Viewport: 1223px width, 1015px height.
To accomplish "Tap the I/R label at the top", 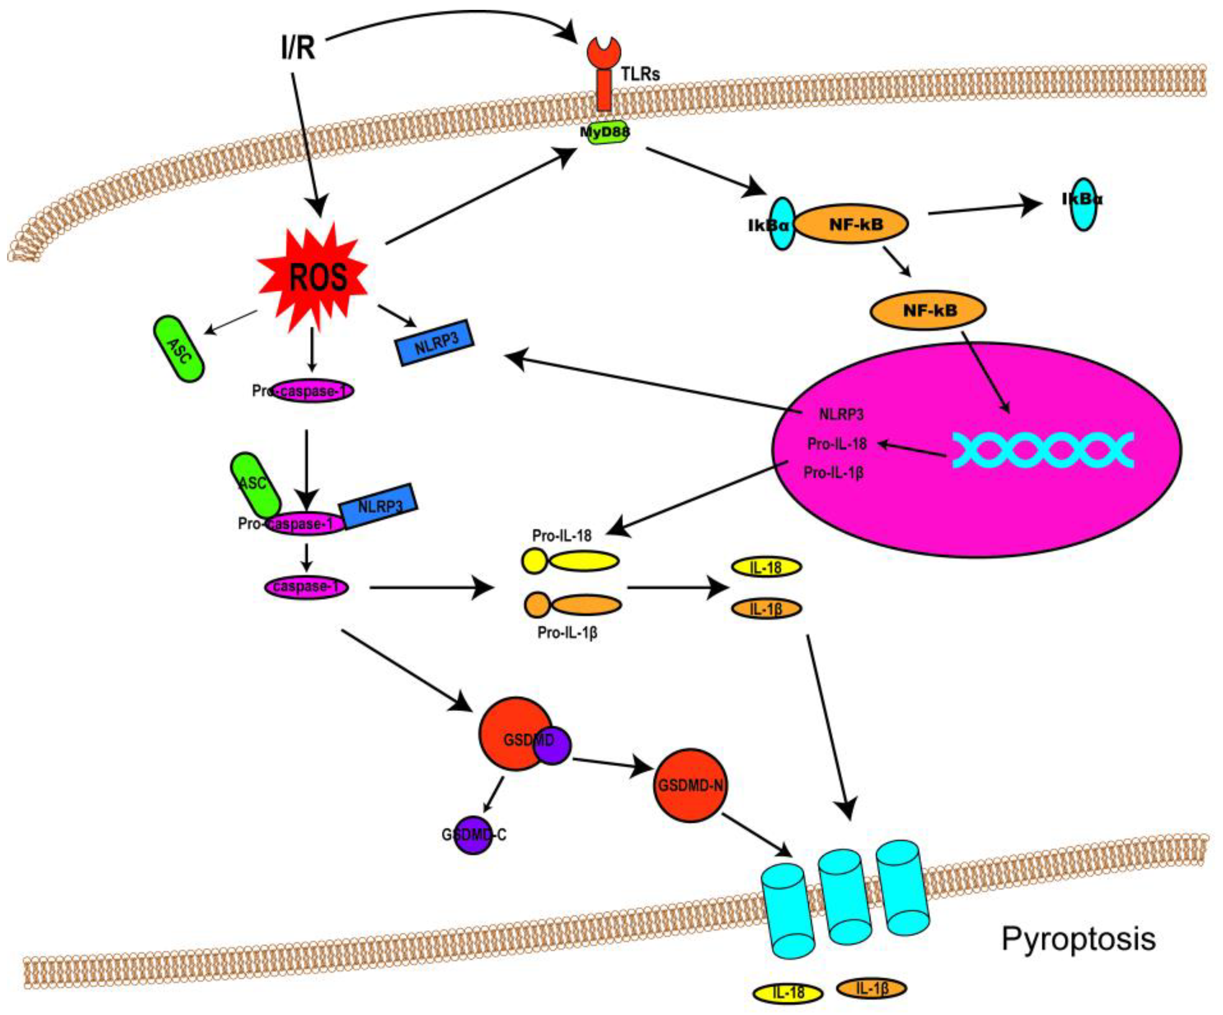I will [298, 48].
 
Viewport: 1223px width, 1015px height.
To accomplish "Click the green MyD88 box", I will [605, 133].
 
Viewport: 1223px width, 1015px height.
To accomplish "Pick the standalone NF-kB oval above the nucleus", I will [927, 310].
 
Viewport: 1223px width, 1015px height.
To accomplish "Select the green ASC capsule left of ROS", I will [178, 349].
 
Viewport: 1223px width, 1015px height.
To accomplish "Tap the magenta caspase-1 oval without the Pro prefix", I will [306, 587].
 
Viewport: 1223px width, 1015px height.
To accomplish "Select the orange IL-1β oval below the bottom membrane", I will [871, 988].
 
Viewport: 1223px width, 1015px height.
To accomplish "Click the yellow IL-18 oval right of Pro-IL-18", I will [766, 567].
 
